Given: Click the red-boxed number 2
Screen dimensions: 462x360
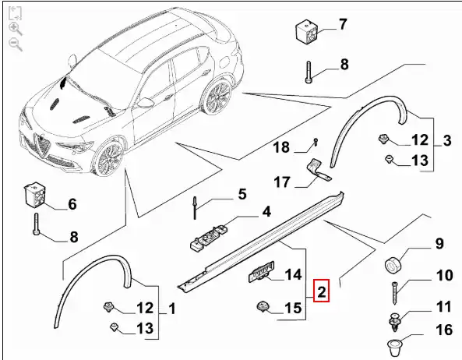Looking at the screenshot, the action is pos(321,291).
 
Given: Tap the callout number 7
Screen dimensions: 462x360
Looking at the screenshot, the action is pos(343,24).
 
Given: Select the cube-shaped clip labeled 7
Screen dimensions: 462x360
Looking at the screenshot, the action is pos(307,30).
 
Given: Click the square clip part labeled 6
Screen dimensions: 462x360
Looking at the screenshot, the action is pos(35,194).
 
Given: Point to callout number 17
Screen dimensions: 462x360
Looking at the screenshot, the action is pos(282,182).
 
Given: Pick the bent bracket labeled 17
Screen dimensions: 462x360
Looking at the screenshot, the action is pos(319,171).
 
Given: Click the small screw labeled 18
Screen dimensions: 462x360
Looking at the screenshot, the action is pos(316,142).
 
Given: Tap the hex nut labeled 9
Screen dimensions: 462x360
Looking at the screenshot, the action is pos(393,265).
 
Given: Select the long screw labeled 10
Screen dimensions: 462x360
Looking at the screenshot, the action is pos(395,294).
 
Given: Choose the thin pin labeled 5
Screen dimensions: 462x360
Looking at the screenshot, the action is pos(195,208).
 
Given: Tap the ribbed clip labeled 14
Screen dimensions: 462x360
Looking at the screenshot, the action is pos(261,272).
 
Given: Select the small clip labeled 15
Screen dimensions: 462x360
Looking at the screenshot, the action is pos(263,306).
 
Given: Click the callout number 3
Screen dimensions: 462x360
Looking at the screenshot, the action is pos(447,140).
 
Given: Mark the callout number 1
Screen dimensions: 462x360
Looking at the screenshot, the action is pos(171,309).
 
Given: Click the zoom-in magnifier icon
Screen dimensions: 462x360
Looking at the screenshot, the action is pos(15,29).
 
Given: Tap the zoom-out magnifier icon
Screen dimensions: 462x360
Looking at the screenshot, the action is pos(15,44).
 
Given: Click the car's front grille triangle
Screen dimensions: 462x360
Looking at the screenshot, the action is pos(41,145).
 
